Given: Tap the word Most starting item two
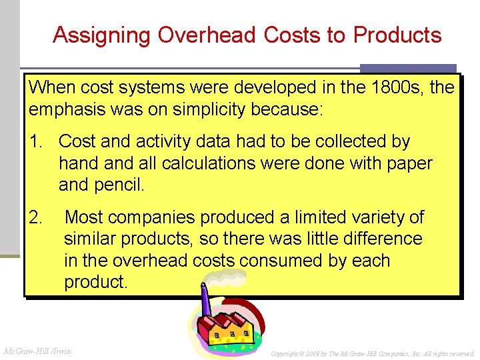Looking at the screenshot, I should click(85, 217).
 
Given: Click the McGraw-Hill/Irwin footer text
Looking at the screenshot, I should click(38, 351).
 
